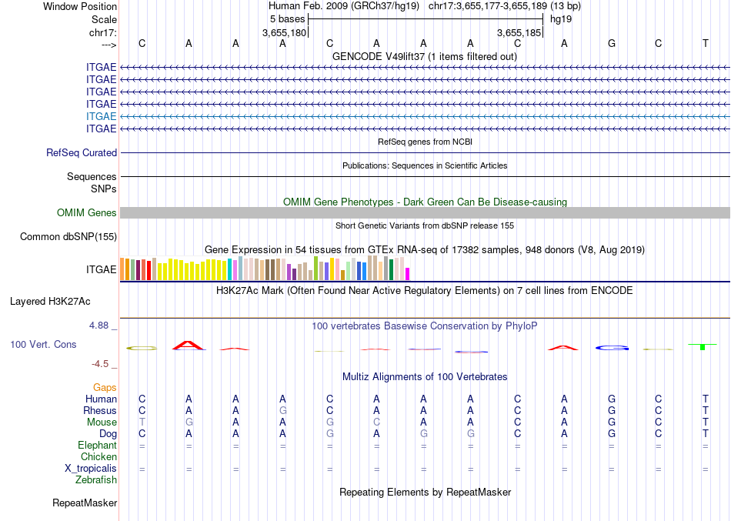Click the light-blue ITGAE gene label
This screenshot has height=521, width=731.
[102, 116]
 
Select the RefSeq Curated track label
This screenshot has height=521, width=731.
[82, 153]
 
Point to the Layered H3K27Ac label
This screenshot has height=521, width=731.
[61, 301]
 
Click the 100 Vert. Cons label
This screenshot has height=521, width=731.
[43, 345]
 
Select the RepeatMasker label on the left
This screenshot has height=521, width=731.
[85, 503]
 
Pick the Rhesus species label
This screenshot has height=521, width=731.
[100, 411]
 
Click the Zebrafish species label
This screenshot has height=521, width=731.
[96, 480]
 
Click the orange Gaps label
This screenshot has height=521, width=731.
[105, 388]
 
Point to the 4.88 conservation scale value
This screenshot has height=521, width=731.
[101, 326]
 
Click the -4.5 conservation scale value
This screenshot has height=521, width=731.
[104, 364]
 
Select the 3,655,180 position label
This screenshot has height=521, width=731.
[285, 33]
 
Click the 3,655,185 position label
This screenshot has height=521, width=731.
[519, 33]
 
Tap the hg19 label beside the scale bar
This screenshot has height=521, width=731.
[559, 18]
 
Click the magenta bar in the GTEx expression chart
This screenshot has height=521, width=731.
[408, 273]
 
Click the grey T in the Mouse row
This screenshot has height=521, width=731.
[142, 422]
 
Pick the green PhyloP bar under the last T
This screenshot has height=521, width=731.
[703, 348]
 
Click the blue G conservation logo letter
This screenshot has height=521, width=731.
[612, 349]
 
